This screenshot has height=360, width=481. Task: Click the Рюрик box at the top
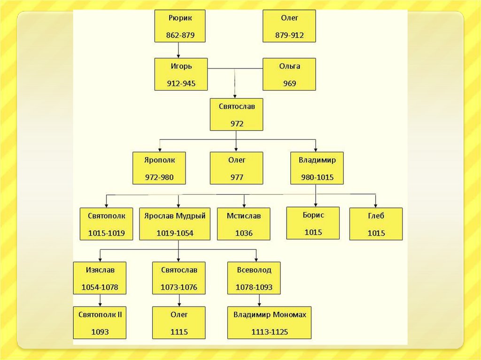tap(179, 26)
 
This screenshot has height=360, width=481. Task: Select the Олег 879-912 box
tap(289, 26)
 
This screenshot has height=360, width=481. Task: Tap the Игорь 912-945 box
tap(181, 74)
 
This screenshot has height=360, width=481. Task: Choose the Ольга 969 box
tap(289, 74)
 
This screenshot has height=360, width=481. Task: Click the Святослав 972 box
tap(236, 114)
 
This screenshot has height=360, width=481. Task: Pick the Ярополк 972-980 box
tap(159, 168)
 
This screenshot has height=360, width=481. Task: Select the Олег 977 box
tap(236, 168)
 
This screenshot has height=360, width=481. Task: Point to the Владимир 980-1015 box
tap(317, 168)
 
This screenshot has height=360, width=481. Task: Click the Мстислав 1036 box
tap(243, 224)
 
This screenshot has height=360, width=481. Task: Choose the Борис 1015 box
tap(313, 223)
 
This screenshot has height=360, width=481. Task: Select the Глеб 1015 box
tap(376, 224)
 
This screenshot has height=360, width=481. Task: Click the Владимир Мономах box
tap(270, 323)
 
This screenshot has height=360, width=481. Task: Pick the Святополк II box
tap(100, 323)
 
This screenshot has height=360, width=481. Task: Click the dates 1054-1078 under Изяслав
tap(100, 287)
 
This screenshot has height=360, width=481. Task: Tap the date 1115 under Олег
tap(179, 332)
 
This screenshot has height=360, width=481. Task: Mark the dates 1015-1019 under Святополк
tap(106, 233)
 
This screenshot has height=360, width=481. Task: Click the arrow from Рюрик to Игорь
tap(178, 50)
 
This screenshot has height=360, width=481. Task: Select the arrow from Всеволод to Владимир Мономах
tap(259, 300)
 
